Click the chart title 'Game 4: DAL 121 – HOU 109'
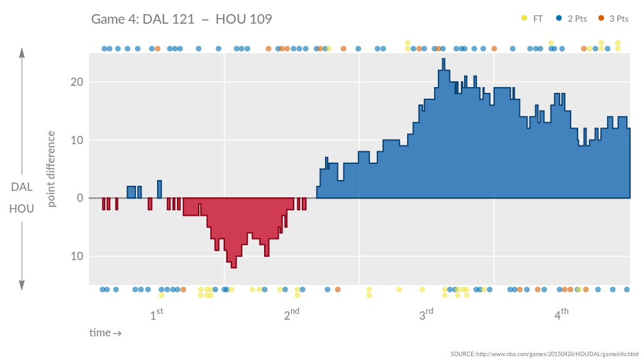click(181, 19)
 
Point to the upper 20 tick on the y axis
click(76, 82)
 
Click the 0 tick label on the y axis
click(80, 198)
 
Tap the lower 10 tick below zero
click(76, 256)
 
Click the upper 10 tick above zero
click(76, 140)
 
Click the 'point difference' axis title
click(52, 169)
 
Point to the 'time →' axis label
click(105, 333)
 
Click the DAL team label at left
click(22, 187)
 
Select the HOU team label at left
click(22, 209)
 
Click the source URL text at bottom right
click(544, 354)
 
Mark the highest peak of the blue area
click(443, 60)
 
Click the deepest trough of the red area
click(234, 266)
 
